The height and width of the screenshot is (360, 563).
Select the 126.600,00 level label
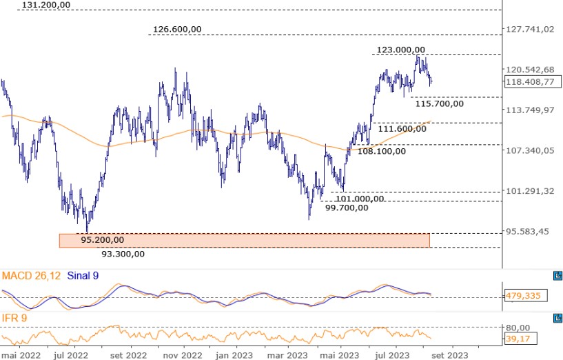[177, 30]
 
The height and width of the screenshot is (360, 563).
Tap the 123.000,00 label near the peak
[401, 50]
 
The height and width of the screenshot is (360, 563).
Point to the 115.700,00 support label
[439, 103]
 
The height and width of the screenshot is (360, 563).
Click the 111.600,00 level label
[402, 129]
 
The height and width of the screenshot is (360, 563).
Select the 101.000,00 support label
[360, 199]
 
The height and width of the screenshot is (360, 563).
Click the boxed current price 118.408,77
[530, 82]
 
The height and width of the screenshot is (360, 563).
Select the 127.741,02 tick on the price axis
[530, 29]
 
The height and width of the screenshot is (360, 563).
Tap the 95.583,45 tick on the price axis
[528, 232]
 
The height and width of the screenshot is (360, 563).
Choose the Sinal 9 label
[86, 276]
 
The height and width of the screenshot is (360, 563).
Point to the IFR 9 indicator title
[14, 318]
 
